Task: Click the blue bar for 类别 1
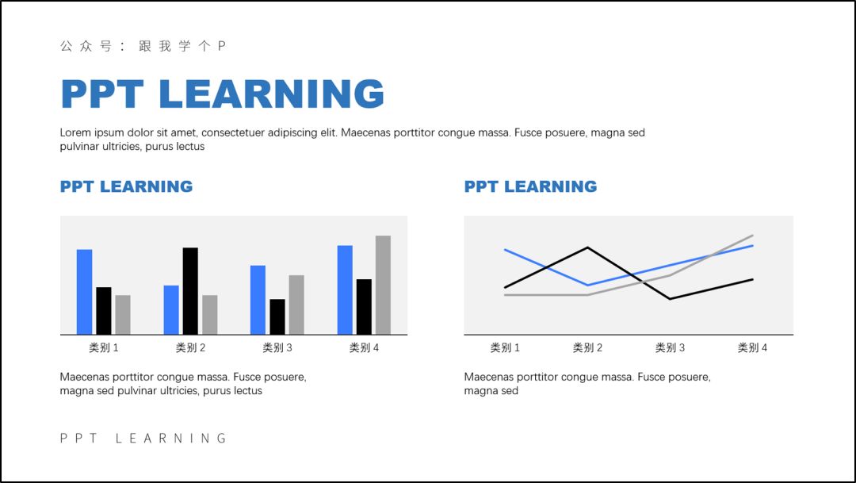tap(84, 292)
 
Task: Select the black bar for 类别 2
tap(190, 291)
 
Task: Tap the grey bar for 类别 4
tap(384, 285)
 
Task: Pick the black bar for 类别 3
tap(277, 316)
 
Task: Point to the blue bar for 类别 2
tap(171, 310)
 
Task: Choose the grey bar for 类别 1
tap(123, 315)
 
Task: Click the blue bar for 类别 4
tap(345, 289)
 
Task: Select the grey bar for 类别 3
tap(296, 305)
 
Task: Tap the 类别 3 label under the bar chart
tap(277, 347)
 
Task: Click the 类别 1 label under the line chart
tap(505, 347)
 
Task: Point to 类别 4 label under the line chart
tap(752, 347)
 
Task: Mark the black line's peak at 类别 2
tap(587, 247)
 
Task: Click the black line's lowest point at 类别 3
tap(670, 299)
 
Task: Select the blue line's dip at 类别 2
tap(587, 286)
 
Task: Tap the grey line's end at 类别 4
tap(753, 236)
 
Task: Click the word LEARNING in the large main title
tap(272, 94)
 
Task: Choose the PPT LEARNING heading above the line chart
tap(530, 186)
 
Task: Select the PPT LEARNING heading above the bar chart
tap(126, 186)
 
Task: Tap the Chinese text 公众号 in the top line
tap(86, 46)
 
